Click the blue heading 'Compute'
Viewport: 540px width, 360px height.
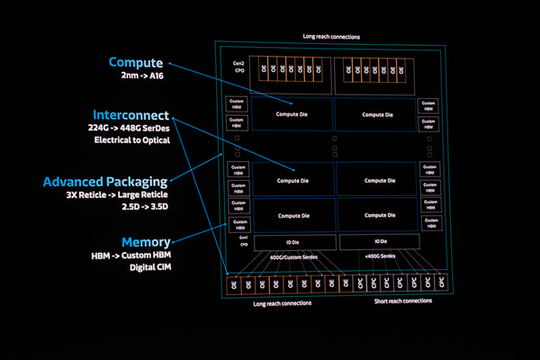(136, 63)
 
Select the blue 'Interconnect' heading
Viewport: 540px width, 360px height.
(130, 115)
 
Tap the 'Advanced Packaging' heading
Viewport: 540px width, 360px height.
(105, 182)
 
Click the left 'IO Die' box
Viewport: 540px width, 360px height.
(293, 243)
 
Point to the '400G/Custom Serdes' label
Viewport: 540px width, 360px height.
(293, 258)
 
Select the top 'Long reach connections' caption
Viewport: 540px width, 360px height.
(332, 37)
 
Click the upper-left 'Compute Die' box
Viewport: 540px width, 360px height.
(293, 113)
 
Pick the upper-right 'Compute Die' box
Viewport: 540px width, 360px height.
(376, 113)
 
